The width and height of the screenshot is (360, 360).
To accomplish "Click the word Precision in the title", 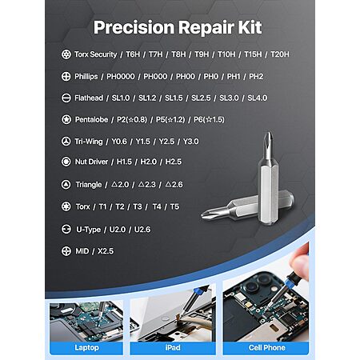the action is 134,28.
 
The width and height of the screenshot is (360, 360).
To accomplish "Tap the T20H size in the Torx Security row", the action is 280,54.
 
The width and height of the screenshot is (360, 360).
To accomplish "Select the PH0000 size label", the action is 121,77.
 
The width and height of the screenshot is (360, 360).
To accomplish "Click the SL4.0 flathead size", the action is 258,98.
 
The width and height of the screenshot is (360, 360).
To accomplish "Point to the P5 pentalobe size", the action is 170,119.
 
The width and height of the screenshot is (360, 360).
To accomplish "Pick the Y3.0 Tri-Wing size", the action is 190,142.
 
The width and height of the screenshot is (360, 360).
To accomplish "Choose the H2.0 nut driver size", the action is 148,162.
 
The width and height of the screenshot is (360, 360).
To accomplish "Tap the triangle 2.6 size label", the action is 174,184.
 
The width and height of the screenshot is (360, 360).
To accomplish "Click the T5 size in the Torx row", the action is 174,206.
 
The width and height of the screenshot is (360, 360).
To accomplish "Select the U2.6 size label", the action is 142,230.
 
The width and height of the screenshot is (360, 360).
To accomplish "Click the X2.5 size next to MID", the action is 106,251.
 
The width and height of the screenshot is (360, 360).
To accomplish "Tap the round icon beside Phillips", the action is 66,76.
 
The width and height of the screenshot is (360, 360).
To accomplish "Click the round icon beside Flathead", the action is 66,98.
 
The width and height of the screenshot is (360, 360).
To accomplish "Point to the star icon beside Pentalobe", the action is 66,119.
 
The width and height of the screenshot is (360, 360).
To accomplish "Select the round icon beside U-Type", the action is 66,229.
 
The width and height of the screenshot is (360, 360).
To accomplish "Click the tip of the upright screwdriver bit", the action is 270,133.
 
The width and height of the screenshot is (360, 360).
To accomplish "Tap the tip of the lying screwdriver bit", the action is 202,214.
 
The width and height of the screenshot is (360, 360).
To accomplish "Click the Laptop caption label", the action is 86,347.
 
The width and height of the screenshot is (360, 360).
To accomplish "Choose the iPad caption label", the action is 173,347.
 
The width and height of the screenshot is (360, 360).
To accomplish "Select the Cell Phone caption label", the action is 266,347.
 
